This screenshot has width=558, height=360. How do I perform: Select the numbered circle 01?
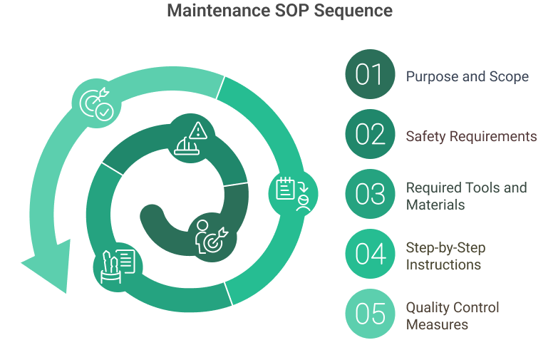[x=370, y=74]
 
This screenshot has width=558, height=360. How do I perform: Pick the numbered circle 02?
[x=370, y=134]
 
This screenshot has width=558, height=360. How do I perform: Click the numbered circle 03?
[x=370, y=194]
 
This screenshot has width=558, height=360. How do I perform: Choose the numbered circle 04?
[x=370, y=254]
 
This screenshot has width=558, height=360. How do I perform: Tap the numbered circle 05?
[x=370, y=314]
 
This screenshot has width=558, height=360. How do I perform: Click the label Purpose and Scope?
[x=467, y=76]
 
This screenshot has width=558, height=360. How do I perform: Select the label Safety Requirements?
[x=471, y=135]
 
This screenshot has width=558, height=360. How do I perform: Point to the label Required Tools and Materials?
[x=466, y=196]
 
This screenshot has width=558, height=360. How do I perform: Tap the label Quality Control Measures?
[x=453, y=316]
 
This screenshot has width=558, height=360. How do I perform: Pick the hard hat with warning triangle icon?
[x=191, y=138]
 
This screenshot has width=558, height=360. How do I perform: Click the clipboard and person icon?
[x=293, y=192]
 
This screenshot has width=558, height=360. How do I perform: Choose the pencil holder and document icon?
[x=117, y=264]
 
